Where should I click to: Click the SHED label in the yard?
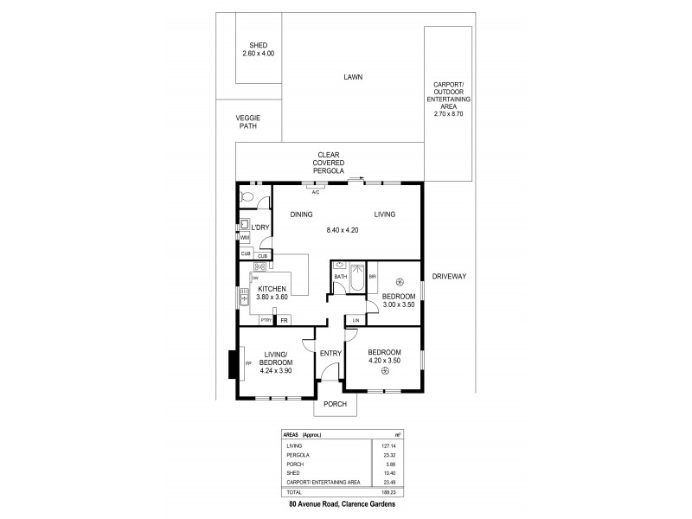(x=259, y=45)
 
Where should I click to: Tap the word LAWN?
(x=351, y=77)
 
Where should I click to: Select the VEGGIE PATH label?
(x=248, y=122)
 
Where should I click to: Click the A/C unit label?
(x=316, y=192)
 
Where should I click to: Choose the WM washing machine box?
(x=245, y=236)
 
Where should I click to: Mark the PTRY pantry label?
(x=266, y=320)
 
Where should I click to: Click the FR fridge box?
(x=283, y=320)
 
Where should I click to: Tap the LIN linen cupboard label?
(x=355, y=320)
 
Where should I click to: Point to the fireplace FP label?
(x=247, y=363)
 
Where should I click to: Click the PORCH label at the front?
(x=335, y=404)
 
